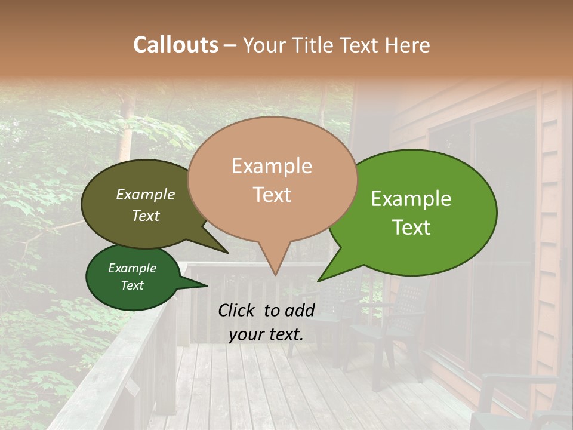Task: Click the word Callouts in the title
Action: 175,45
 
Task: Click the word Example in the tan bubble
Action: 272,166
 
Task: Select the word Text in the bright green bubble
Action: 411,228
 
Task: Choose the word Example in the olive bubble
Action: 146,194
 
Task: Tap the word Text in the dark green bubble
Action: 133,285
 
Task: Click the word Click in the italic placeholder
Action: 238,310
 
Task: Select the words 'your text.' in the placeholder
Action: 266,334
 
